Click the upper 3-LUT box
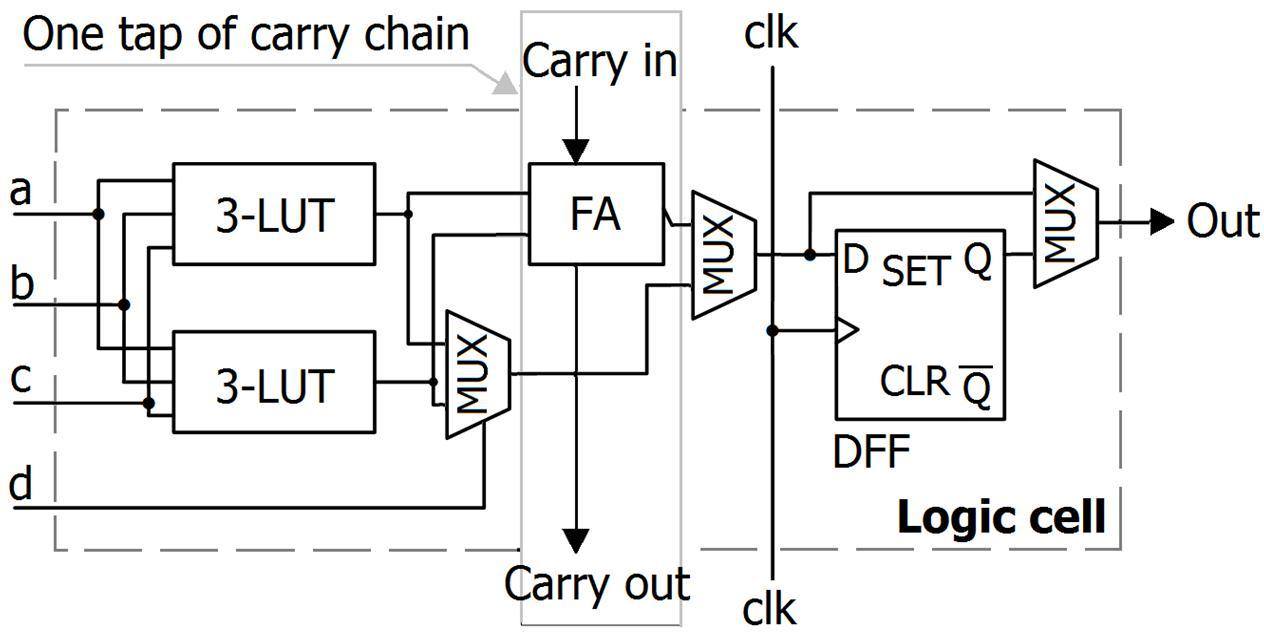coord(274,214)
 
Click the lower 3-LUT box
coord(274,382)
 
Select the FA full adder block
coord(596,214)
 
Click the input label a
coord(20,190)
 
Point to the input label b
coord(20,282)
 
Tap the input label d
coord(20,484)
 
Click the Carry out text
coord(597,584)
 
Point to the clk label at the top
coord(771,34)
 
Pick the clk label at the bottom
coord(771,607)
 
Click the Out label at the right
coord(1222,222)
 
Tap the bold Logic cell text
coord(1001,518)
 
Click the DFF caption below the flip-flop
coord(872,452)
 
